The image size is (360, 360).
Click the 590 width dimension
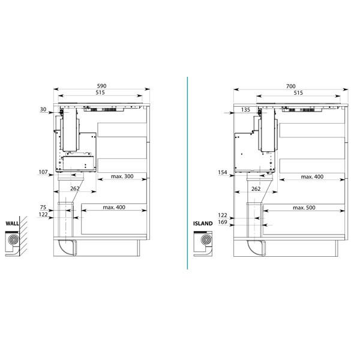(x=101, y=86)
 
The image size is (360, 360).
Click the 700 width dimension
(x=290, y=86)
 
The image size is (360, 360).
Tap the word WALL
(x=12, y=224)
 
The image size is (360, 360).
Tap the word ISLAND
(x=203, y=223)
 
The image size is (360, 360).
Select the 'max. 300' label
(x=122, y=176)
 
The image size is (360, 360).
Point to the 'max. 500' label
(x=304, y=208)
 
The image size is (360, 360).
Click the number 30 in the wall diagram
(x=43, y=110)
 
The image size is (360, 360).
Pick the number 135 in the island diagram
(x=245, y=110)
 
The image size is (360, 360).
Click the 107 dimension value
(x=43, y=172)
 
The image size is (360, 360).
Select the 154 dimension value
(x=223, y=172)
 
